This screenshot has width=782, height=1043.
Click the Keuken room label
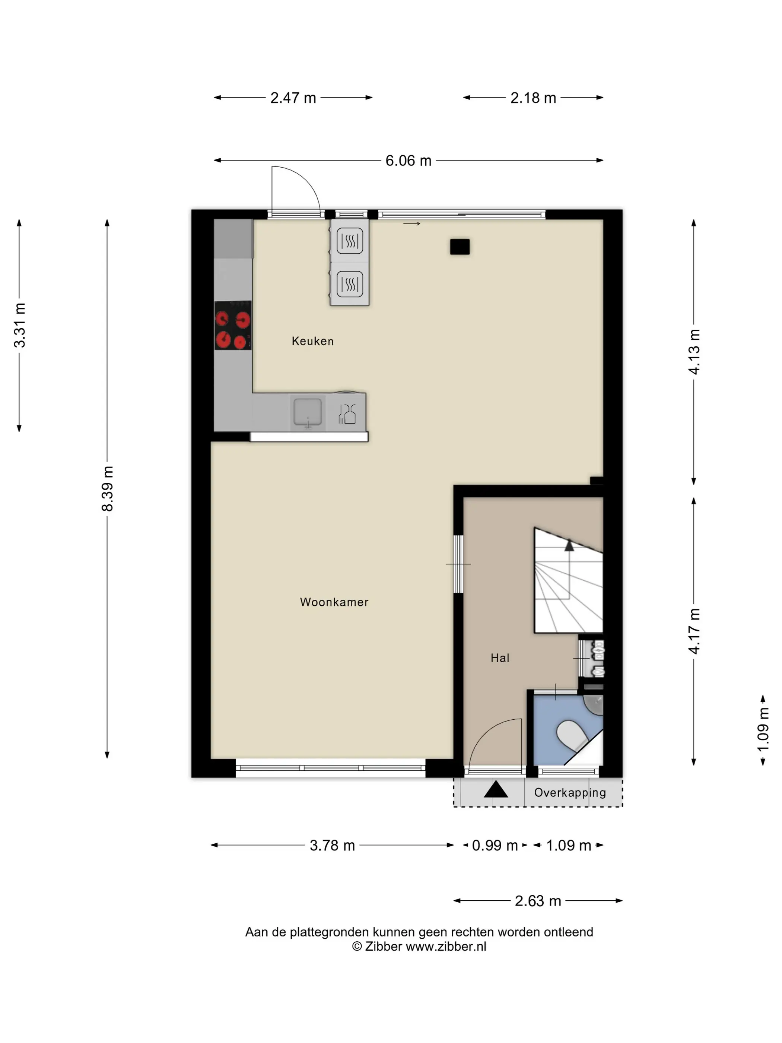tap(312, 341)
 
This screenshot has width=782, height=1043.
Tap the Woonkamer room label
tap(334, 602)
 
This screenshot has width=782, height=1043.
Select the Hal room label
tap(500, 658)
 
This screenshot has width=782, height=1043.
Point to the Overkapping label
tap(570, 793)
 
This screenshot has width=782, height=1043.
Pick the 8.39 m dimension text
tap(108, 488)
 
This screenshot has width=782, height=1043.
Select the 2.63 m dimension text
tap(538, 901)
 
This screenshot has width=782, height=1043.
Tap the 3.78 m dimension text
tap(332, 846)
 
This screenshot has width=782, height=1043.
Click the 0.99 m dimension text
tap(495, 846)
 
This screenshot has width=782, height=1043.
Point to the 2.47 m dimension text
tap(293, 98)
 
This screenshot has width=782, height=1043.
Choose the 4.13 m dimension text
tap(694, 352)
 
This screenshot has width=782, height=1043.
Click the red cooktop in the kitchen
tap(233, 325)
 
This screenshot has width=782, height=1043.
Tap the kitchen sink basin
tap(308, 412)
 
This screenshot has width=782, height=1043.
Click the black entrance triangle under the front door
tap(496, 789)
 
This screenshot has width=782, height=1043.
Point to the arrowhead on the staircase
tap(569, 546)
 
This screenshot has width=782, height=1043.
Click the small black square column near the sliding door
tap(460, 247)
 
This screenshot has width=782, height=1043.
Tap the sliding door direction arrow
tap(411, 223)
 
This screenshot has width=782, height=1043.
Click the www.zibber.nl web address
tap(446, 947)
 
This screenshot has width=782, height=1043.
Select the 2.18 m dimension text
tap(533, 98)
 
